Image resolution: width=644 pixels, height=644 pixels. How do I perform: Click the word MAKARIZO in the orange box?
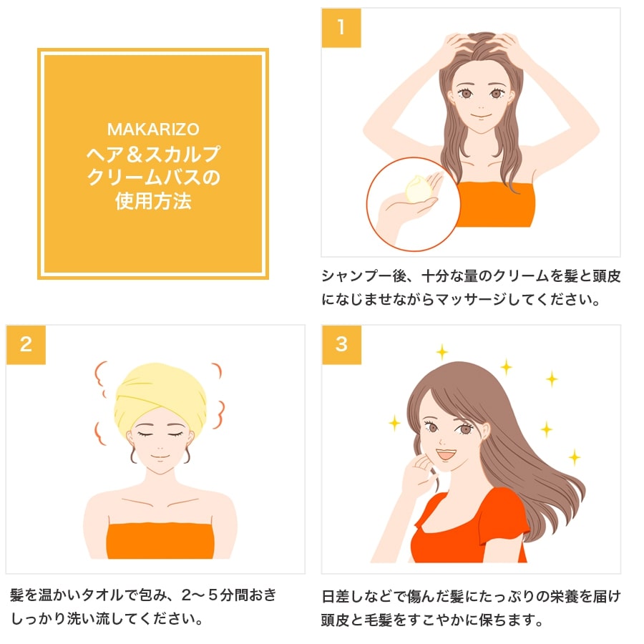pos(152,130)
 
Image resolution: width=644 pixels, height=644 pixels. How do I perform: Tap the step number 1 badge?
pos(341,28)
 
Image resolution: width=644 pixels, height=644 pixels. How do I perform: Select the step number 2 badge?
pos(26,344)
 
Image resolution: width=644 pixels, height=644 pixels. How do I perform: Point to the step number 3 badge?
pos(341,344)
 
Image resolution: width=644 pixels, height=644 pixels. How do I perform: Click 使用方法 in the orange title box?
pos(153,201)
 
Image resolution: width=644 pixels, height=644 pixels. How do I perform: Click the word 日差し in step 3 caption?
pos(342,595)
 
